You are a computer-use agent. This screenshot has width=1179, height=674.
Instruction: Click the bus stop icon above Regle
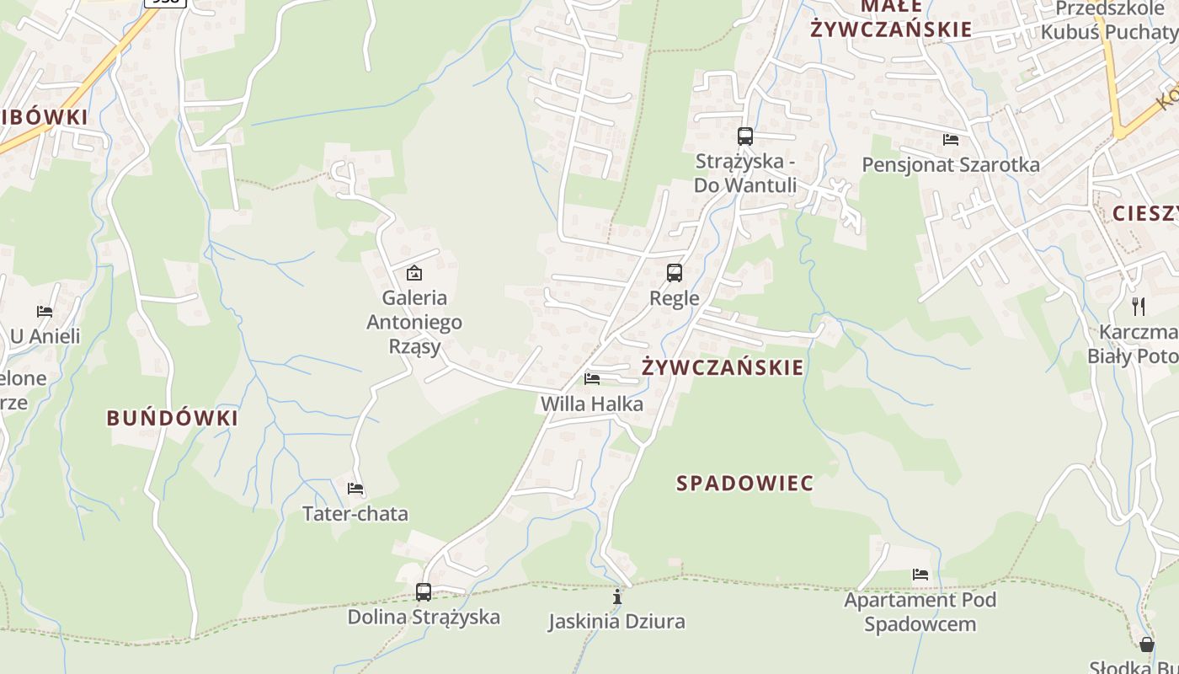pyautogui.click(x=675, y=273)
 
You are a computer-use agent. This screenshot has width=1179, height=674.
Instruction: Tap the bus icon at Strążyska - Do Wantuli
pyautogui.click(x=744, y=136)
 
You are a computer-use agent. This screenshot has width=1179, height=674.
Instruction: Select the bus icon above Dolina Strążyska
pyautogui.click(x=424, y=591)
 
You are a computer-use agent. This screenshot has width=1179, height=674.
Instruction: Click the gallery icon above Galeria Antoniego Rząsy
pyautogui.click(x=413, y=273)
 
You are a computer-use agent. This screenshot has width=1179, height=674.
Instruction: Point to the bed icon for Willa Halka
pyautogui.click(x=592, y=379)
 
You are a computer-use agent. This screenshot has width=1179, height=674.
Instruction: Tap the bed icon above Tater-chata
pyautogui.click(x=355, y=489)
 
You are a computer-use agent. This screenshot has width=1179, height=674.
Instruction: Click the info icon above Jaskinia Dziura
pyautogui.click(x=617, y=596)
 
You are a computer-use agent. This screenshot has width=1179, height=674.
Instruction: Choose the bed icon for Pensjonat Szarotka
pyautogui.click(x=951, y=140)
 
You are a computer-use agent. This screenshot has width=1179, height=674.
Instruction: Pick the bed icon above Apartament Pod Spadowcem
pyautogui.click(x=920, y=575)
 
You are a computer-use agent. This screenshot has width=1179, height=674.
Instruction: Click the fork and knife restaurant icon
pyautogui.click(x=1139, y=306)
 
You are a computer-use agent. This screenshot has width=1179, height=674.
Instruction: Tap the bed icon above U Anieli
pyautogui.click(x=45, y=312)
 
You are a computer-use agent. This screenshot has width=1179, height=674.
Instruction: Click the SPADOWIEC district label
pyautogui.click(x=745, y=484)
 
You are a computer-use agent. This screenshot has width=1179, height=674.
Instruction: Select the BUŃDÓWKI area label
pyautogui.click(x=172, y=418)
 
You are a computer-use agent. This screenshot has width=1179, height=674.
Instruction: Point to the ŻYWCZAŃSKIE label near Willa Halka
pyautogui.click(x=723, y=368)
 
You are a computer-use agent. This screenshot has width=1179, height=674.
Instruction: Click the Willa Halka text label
pyautogui.click(x=591, y=404)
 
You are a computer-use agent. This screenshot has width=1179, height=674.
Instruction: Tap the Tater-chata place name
pyautogui.click(x=355, y=514)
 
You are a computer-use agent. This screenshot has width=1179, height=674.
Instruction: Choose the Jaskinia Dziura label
pyautogui.click(x=616, y=622)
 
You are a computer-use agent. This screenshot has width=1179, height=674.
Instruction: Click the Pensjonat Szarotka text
pyautogui.click(x=951, y=165)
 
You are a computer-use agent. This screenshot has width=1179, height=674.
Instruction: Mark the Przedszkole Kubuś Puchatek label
pyautogui.click(x=1108, y=20)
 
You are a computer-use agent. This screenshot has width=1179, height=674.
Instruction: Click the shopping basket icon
pyautogui.click(x=1146, y=645)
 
